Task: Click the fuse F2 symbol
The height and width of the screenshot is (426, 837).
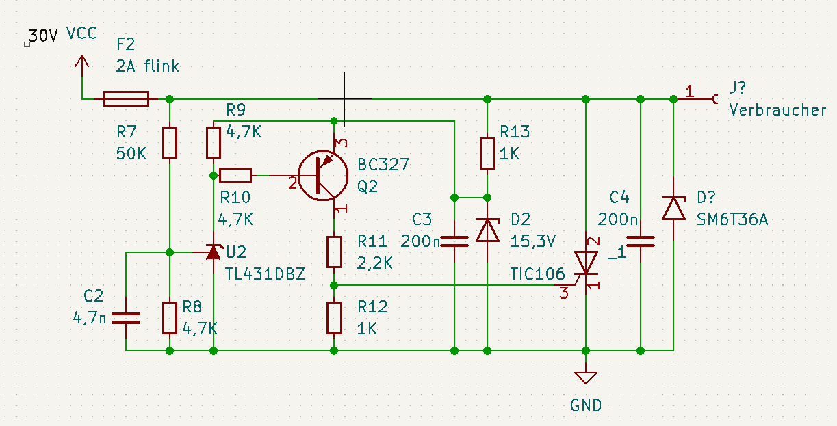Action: coord(127,99)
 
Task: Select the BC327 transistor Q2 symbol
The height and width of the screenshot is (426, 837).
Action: coord(323,176)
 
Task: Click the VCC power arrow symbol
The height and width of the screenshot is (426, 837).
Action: coord(82,66)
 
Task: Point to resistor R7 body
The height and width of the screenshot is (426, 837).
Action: coord(170,142)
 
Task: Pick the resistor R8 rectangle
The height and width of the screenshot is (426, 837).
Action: coord(170,318)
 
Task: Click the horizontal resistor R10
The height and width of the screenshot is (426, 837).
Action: coord(235,176)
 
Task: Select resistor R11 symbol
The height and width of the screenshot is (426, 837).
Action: coord(334,252)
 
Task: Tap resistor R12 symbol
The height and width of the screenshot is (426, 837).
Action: coord(334,318)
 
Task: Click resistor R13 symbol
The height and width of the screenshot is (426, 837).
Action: coord(487,153)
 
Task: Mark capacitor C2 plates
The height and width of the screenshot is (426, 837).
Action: coord(126,318)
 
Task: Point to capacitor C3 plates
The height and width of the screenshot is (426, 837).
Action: coord(454,241)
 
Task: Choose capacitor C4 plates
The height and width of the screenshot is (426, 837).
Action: coord(641,241)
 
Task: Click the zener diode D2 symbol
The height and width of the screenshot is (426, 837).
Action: coord(487,230)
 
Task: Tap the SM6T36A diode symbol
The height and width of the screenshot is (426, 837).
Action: coord(673,209)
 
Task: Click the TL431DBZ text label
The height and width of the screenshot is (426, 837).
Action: coord(266,274)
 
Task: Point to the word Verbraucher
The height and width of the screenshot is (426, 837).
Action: coord(778,110)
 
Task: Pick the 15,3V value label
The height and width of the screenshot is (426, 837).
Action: coord(533,241)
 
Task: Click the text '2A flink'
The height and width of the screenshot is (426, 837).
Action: coord(148,66)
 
